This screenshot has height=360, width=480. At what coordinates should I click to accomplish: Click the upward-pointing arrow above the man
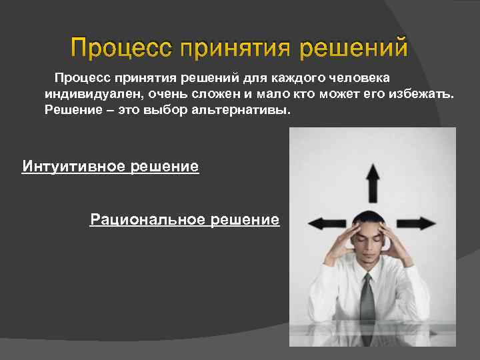(372, 181)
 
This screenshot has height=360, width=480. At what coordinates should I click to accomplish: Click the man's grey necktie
(366, 300)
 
